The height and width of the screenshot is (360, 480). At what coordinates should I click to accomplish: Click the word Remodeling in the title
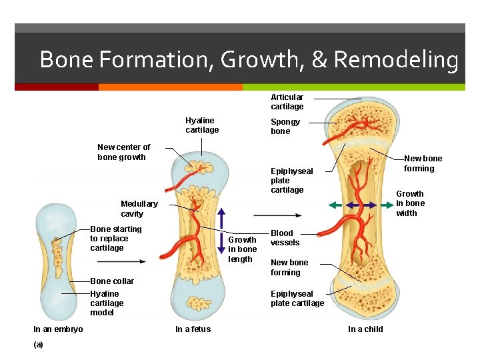click(395, 60)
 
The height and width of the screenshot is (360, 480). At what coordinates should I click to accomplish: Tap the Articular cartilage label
click(287, 102)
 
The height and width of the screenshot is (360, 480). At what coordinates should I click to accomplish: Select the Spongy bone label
click(285, 127)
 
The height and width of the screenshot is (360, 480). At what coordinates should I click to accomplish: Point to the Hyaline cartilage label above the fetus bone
click(202, 125)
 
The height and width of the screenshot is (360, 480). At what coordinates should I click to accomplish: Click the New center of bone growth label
click(124, 152)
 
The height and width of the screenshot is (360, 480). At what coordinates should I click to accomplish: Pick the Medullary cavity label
click(139, 209)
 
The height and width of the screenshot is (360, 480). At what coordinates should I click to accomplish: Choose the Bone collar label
click(112, 281)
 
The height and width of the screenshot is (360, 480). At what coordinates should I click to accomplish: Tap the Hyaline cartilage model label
click(107, 303)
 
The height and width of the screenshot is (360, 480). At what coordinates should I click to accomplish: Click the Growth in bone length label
click(242, 249)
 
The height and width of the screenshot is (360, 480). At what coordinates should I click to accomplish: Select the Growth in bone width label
click(410, 203)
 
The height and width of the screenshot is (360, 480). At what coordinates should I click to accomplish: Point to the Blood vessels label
click(285, 238)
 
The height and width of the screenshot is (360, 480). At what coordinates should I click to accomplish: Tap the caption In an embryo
click(58, 329)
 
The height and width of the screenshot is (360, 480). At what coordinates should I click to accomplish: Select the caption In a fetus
click(193, 329)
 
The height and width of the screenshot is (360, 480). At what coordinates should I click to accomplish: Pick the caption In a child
click(365, 329)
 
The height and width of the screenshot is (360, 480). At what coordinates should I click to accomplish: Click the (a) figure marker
click(38, 345)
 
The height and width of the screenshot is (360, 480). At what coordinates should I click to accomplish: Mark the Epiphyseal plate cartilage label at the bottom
click(297, 299)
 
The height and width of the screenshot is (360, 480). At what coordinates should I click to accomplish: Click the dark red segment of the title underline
click(57, 87)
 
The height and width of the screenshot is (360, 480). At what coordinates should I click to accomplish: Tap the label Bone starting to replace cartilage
click(116, 239)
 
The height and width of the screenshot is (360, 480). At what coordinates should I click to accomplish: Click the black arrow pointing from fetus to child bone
click(277, 215)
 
